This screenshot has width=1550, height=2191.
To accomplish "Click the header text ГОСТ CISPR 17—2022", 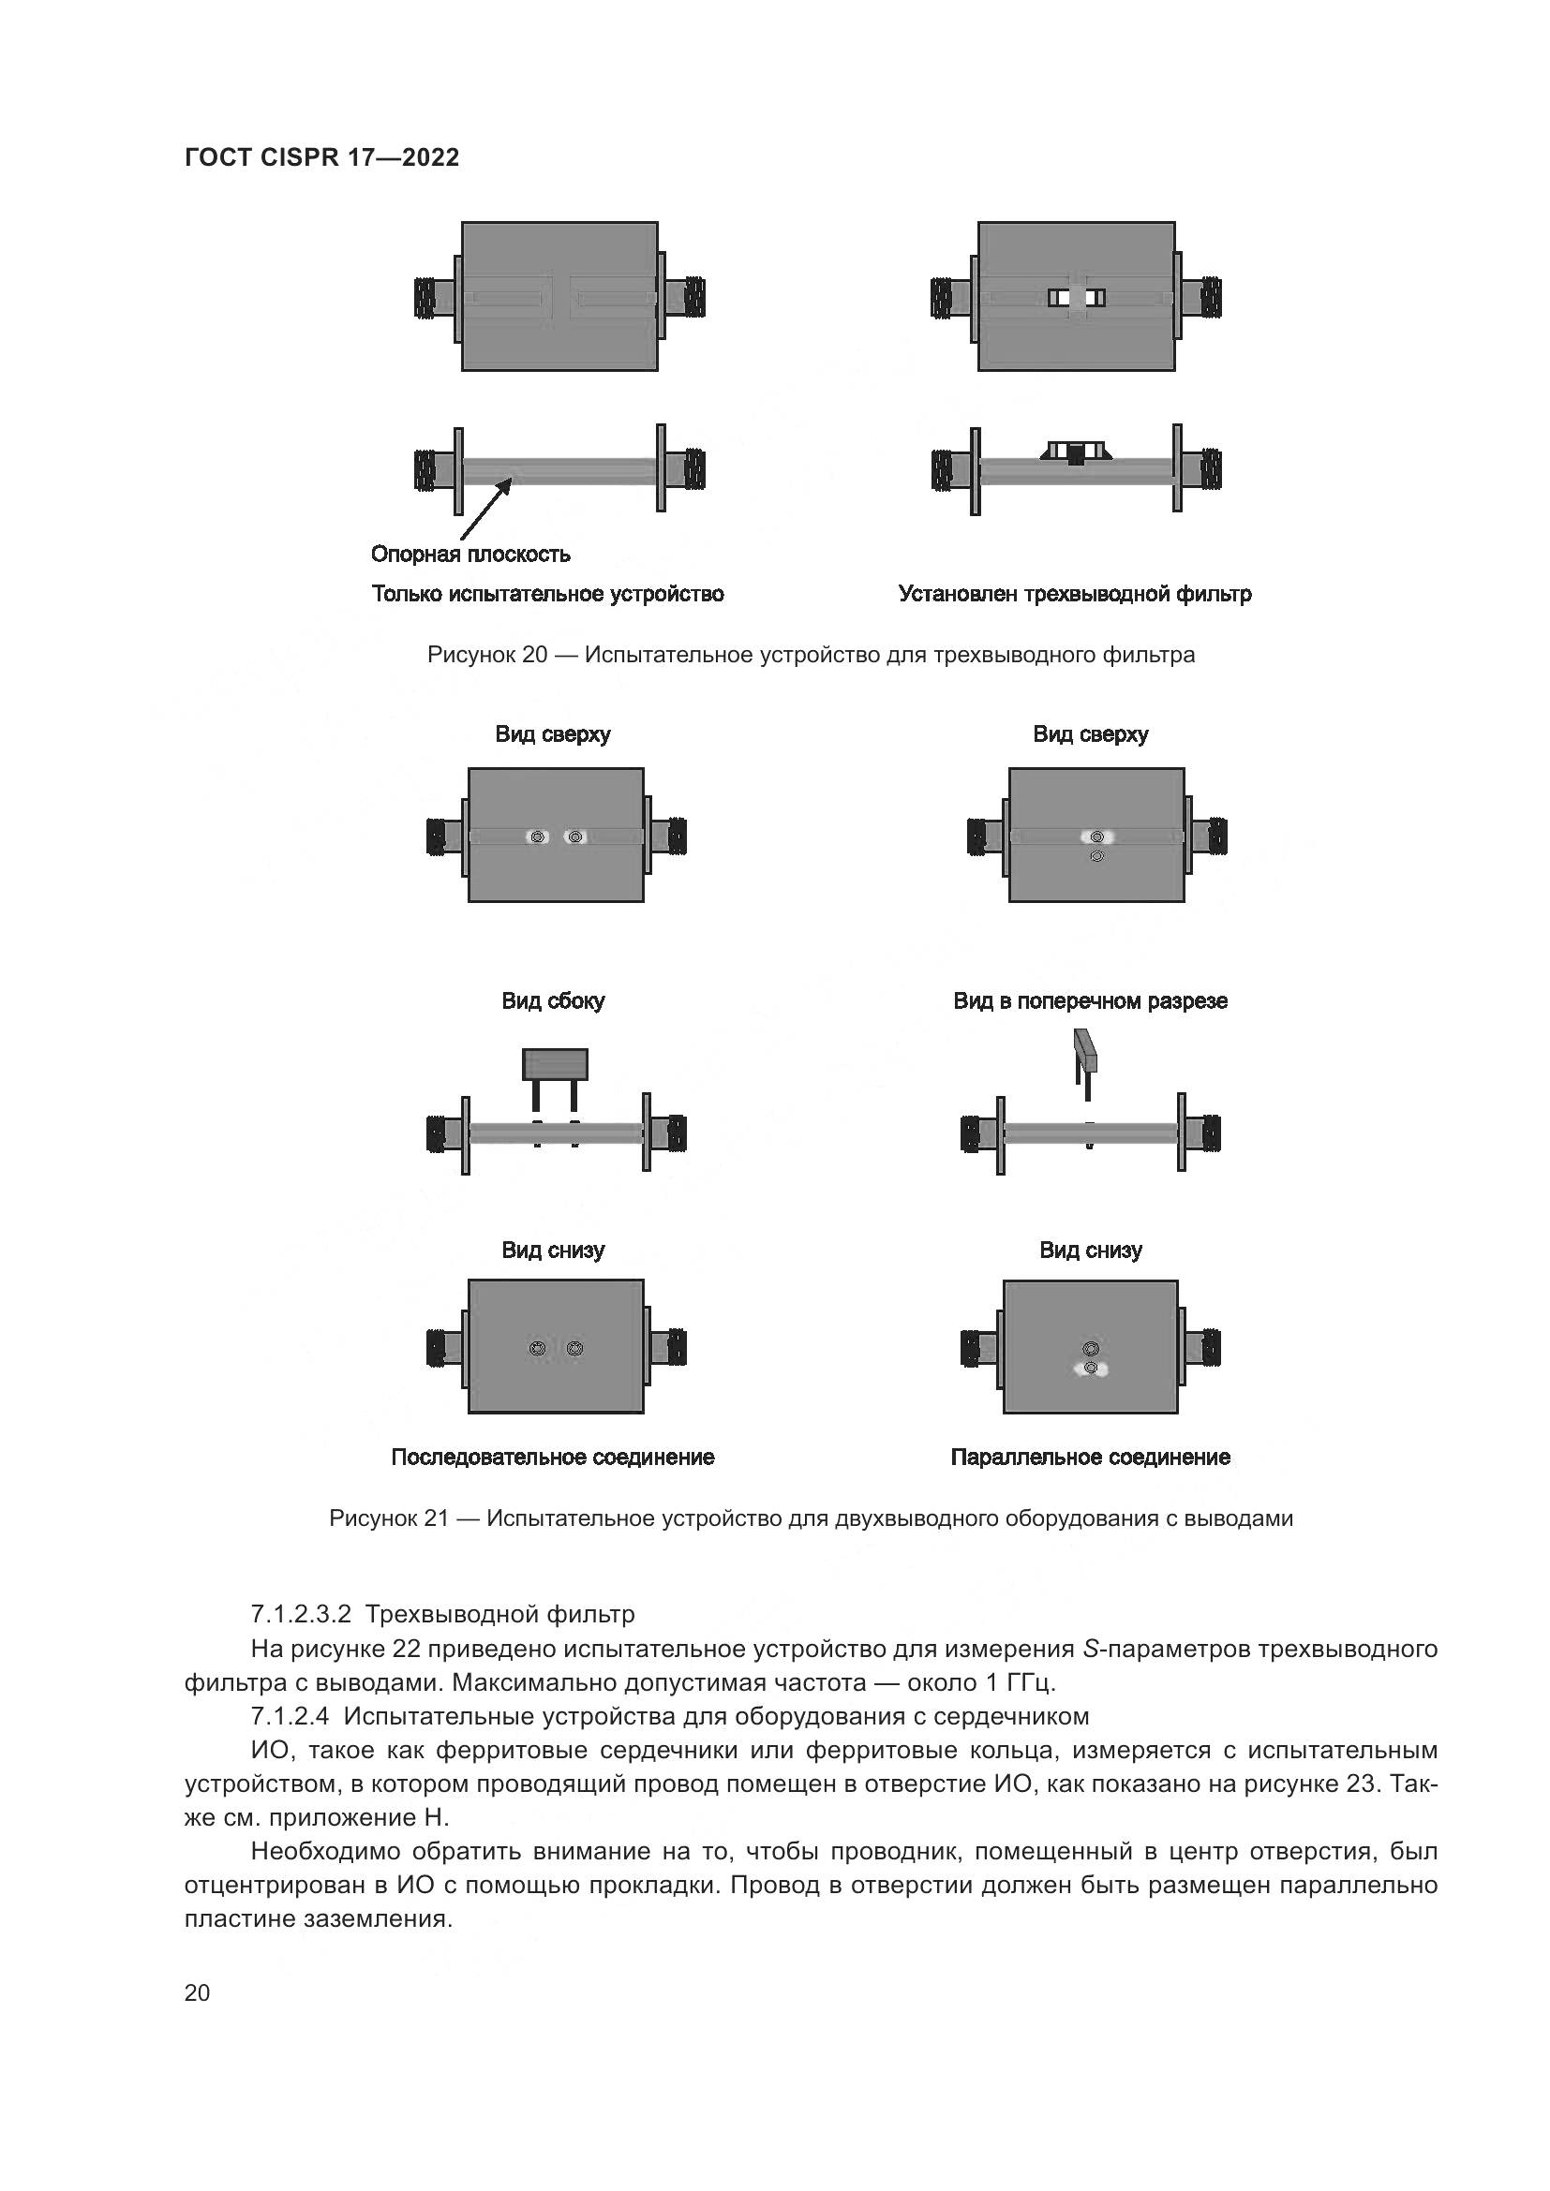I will click(321, 158).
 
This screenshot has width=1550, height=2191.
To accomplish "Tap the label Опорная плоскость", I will click(470, 555).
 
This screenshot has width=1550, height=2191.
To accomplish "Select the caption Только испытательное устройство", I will click(548, 595).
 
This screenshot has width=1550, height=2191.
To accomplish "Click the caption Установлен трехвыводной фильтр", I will click(1075, 595).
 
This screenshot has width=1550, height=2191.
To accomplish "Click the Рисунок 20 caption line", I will click(811, 656).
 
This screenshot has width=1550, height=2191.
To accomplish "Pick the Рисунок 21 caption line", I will click(811, 1518).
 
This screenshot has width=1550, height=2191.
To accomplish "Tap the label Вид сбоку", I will click(554, 1001).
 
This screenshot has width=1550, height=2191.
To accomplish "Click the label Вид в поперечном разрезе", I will click(1090, 1001).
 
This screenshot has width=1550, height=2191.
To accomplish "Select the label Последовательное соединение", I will click(553, 1458).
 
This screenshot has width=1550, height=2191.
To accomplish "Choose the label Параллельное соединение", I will click(1090, 1458).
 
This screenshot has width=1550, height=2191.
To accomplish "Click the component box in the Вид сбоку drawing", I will click(555, 1064).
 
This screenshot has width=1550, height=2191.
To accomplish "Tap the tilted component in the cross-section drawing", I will click(1086, 1050).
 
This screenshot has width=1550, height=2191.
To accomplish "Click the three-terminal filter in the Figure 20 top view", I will click(1077, 298).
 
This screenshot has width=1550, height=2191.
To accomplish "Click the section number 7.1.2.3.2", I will click(302, 1615).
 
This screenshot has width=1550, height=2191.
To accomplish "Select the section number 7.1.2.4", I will click(291, 1717).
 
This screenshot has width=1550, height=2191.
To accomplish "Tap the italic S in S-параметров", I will click(1091, 1649).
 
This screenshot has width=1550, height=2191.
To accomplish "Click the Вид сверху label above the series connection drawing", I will click(553, 734).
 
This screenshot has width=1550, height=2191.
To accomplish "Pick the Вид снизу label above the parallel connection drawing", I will click(1090, 1251).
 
